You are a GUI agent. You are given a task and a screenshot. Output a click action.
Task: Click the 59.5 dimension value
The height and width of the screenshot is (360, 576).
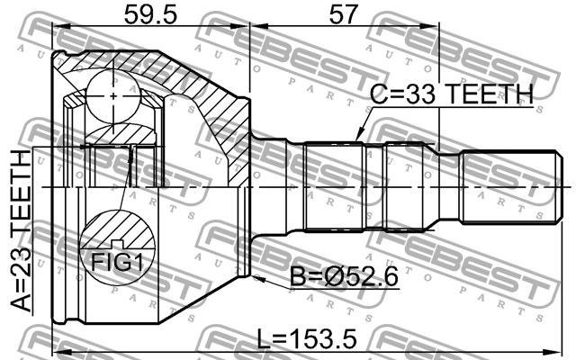tap(150, 14)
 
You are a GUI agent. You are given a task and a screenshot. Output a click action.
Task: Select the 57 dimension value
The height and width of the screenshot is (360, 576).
tap(343, 14)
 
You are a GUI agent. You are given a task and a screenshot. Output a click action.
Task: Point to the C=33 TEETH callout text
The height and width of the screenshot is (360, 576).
tap(452, 94)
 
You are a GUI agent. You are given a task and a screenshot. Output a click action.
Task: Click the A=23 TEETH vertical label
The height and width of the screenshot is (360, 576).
tap(21, 230)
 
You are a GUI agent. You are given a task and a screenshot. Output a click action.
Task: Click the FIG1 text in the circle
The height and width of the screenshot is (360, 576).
tap(117, 262)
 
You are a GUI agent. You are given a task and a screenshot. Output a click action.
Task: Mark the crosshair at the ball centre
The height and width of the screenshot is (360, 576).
tap(113, 96)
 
